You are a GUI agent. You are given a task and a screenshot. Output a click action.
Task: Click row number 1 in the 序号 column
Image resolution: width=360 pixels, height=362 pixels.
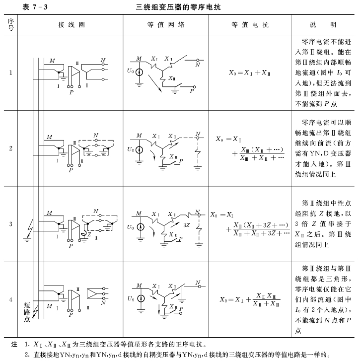tap(10, 73)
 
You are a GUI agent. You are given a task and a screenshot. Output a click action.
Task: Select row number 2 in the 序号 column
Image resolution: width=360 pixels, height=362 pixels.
tap(10, 148)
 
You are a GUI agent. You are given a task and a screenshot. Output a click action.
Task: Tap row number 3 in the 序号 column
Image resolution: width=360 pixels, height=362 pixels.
tap(10, 223)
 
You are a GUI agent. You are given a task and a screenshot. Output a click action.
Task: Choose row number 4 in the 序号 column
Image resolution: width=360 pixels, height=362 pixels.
tap(10, 299)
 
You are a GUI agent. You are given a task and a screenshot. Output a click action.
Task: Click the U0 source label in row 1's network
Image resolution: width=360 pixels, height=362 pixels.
tap(130, 71)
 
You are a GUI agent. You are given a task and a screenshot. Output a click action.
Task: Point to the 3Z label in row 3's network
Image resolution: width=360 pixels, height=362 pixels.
tap(187, 224)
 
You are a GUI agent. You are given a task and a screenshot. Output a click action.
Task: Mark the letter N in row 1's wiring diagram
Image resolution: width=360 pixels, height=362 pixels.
tap(102, 60)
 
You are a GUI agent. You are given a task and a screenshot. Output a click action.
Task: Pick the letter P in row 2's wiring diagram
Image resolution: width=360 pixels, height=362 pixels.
tap(71, 170)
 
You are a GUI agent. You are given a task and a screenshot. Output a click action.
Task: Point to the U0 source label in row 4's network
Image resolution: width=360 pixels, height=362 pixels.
tap(130, 297)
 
